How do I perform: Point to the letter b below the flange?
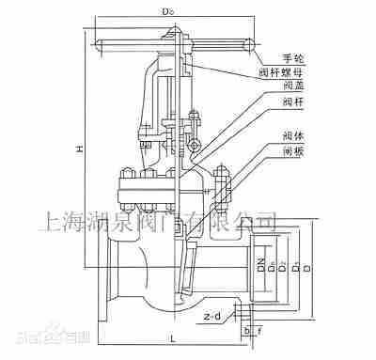[x=244, y=331]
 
